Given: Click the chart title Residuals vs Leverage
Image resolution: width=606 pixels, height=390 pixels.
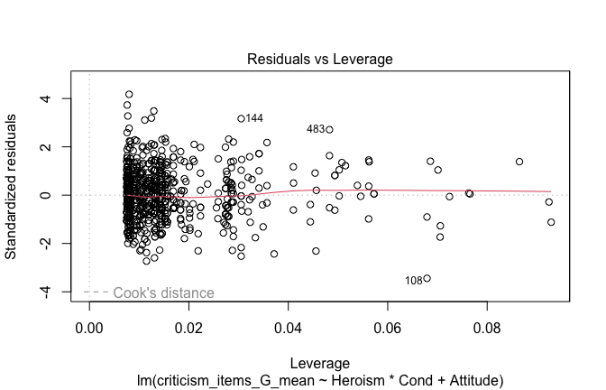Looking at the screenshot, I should click(x=320, y=60).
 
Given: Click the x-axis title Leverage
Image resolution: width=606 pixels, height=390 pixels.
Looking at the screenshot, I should click(x=320, y=362).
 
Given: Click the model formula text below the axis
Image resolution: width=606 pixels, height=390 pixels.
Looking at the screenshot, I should click(x=320, y=379).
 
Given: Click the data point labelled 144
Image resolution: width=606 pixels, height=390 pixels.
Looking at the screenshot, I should click(x=241, y=118).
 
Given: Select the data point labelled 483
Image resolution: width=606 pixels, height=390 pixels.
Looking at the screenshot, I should click(x=329, y=129).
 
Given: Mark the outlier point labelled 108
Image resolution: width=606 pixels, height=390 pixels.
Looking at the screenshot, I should click(x=427, y=278).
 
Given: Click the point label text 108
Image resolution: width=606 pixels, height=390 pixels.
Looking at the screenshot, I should click(x=413, y=281).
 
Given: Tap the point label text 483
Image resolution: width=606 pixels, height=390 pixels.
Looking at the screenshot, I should click(x=316, y=130).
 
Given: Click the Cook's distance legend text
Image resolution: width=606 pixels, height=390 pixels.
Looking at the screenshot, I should click(x=163, y=293).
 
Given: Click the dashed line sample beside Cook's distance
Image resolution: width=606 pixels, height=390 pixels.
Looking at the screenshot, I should click(x=96, y=292).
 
